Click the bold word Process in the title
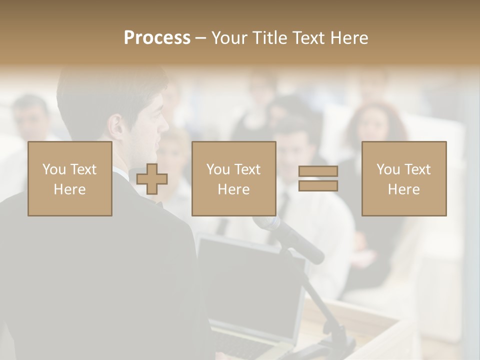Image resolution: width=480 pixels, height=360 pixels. pyautogui.click(x=157, y=38)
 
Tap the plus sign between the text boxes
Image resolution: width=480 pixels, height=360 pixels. pyautogui.click(x=152, y=178)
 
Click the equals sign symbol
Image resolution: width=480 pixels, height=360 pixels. pyautogui.click(x=318, y=178)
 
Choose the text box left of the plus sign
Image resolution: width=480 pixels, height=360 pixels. pyautogui.click(x=70, y=178)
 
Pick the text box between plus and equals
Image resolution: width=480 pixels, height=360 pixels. pyautogui.click(x=234, y=178)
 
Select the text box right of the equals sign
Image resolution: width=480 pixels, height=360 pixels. pyautogui.click(x=404, y=178)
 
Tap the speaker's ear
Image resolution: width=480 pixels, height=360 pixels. pyautogui.click(x=116, y=127)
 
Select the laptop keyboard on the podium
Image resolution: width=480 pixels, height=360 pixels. pyautogui.click(x=245, y=345)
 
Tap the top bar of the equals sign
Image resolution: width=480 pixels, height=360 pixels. pyautogui.click(x=318, y=171)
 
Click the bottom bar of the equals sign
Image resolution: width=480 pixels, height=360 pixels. pyautogui.click(x=318, y=186)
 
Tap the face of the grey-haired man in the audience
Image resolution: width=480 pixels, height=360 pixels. pyautogui.click(x=31, y=120)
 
